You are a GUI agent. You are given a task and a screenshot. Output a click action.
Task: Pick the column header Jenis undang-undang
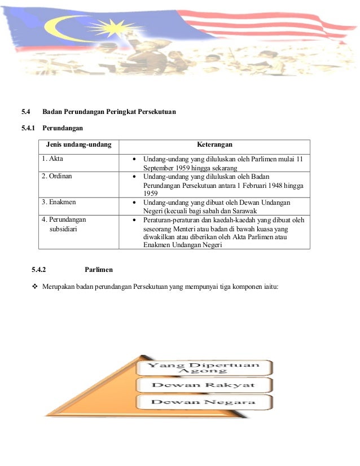click(x=79, y=146)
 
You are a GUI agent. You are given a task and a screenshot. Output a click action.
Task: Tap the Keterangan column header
click(x=214, y=146)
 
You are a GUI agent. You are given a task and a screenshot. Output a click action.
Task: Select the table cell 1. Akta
click(x=52, y=159)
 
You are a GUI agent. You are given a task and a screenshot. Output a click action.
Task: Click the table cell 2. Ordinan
click(x=56, y=175)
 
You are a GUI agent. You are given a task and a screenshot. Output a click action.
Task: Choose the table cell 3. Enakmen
click(x=59, y=201)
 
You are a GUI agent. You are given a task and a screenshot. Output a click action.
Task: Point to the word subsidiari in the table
click(x=65, y=230)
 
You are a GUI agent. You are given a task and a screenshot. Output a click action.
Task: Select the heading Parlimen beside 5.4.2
click(x=99, y=270)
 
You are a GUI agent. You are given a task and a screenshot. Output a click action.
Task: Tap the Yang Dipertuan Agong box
click(x=204, y=367)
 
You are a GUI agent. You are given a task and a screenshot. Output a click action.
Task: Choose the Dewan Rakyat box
click(x=204, y=385)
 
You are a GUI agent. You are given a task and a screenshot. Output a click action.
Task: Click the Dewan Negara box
click(x=204, y=402)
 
